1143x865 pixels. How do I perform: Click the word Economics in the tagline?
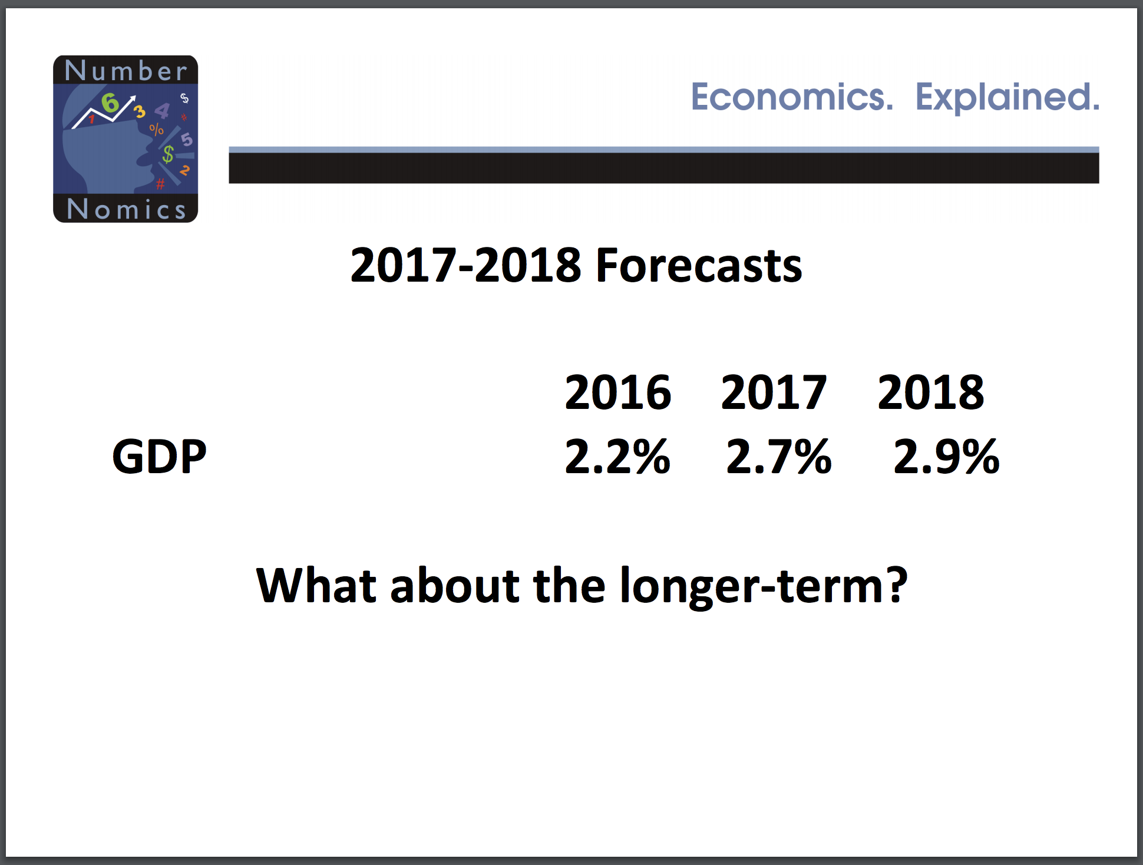click(x=791, y=97)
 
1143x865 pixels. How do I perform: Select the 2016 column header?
click(x=617, y=392)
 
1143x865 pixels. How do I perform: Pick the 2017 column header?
click(x=774, y=392)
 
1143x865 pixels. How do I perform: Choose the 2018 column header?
click(x=930, y=392)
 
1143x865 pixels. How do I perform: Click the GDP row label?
click(x=159, y=456)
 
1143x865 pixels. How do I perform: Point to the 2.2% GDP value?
click(x=617, y=456)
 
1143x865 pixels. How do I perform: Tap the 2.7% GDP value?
click(x=779, y=456)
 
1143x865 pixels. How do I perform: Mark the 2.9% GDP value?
click(x=946, y=456)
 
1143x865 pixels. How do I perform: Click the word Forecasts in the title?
click(x=699, y=266)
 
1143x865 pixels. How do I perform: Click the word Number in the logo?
click(x=126, y=70)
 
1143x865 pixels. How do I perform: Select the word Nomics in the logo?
click(x=127, y=209)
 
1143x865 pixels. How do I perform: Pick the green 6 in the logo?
click(x=110, y=103)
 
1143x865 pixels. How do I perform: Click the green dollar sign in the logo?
click(x=169, y=154)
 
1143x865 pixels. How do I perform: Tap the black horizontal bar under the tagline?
click(x=664, y=168)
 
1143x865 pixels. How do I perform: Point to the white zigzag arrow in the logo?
click(x=104, y=111)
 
